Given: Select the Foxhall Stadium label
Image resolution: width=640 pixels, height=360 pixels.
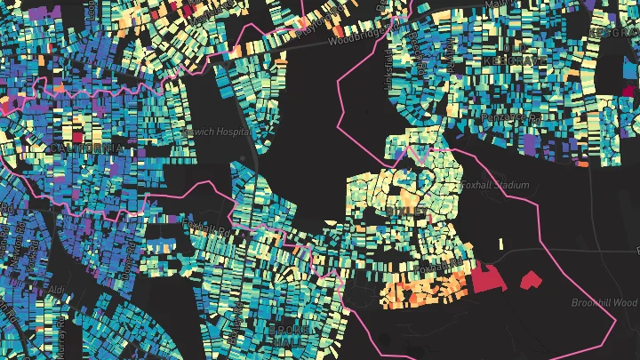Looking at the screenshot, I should point(494,185).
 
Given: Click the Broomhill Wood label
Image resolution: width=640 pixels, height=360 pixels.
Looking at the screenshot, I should point(604,302).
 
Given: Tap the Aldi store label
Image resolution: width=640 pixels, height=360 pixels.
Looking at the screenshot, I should point(57,290).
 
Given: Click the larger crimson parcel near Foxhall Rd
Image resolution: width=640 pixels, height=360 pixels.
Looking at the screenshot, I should point(487,278).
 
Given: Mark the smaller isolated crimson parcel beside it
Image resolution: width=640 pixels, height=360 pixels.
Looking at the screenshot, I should point(531,280).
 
